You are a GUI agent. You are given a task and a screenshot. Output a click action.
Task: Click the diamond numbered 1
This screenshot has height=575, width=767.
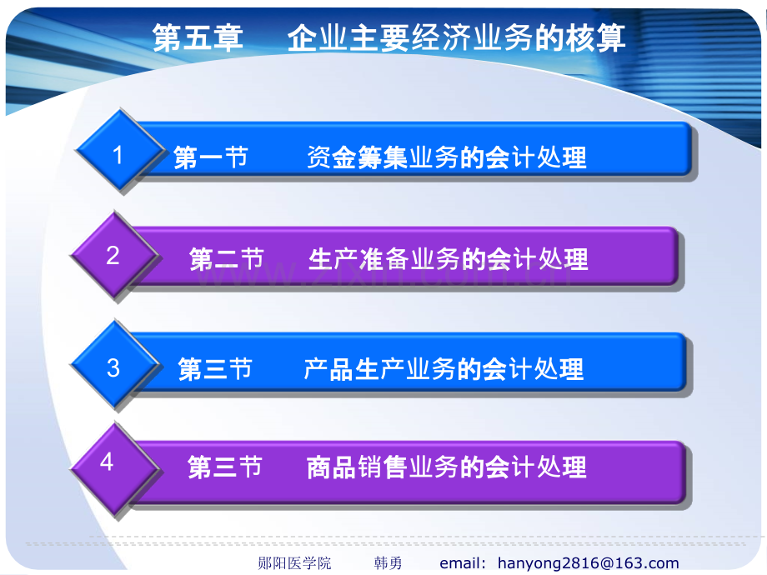(x=120, y=151)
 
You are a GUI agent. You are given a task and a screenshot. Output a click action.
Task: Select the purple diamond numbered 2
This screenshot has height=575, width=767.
(x=115, y=255)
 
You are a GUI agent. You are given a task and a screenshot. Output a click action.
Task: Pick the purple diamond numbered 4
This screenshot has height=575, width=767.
(x=115, y=469)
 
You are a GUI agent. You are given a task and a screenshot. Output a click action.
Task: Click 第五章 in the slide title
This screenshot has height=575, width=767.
(x=198, y=37)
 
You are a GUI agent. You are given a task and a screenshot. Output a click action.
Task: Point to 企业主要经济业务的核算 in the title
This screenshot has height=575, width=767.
(x=456, y=37)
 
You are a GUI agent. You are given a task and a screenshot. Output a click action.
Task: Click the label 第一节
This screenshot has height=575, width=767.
(x=211, y=157)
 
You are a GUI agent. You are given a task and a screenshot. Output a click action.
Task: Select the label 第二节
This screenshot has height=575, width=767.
(x=227, y=258)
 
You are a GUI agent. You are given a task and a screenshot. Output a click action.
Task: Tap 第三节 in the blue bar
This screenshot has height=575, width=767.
(x=215, y=368)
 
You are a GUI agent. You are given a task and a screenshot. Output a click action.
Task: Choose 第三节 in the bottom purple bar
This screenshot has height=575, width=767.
(x=225, y=467)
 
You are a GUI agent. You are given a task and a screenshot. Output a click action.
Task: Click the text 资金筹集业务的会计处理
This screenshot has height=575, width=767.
(x=447, y=157)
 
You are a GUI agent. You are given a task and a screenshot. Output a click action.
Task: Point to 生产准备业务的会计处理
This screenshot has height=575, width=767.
(x=448, y=258)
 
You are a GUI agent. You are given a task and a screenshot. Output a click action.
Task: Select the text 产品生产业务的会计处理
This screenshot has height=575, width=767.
(x=444, y=368)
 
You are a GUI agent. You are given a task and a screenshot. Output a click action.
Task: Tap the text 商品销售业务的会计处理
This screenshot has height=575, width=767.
(x=447, y=467)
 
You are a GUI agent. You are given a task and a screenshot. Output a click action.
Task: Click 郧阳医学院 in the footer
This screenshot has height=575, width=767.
(x=294, y=563)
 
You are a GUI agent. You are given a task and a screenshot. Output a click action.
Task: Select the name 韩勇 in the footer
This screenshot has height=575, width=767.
(x=388, y=563)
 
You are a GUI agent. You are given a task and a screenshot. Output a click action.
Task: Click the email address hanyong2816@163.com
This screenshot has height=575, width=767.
(x=589, y=563)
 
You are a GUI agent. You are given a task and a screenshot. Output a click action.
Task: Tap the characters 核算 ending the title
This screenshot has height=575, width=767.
(x=596, y=37)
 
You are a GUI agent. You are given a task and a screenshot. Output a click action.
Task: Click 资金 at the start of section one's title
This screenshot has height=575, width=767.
(x=332, y=157)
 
